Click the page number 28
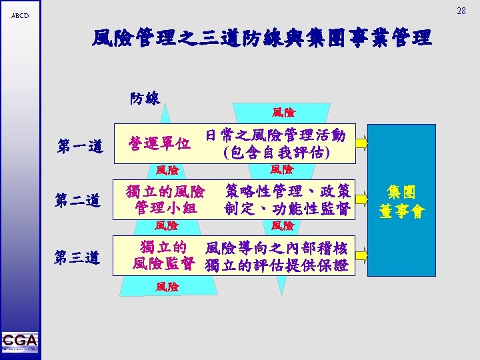461,11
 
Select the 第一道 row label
79,145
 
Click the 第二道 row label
79,200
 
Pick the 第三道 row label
79,257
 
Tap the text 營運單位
160,143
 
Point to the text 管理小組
165,207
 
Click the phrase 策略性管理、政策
287,191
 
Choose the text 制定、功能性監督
287,208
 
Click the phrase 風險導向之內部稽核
277,248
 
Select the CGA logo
20,342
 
